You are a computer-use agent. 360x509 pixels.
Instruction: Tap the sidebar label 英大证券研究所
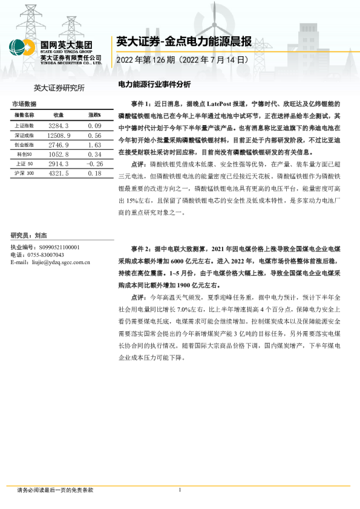click(x=59, y=88)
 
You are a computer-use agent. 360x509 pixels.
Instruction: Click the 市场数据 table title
click(x=24, y=104)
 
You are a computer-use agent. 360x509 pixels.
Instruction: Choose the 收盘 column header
click(x=59, y=114)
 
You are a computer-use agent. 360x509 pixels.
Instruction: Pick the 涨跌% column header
click(x=94, y=114)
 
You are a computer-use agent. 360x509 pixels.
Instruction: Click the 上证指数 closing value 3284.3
click(x=59, y=125)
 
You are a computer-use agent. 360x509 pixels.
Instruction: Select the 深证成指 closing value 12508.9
click(x=59, y=136)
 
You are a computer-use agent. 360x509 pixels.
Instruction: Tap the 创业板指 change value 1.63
click(x=93, y=146)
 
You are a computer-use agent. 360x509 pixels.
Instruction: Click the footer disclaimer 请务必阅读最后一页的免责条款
click(x=55, y=490)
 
